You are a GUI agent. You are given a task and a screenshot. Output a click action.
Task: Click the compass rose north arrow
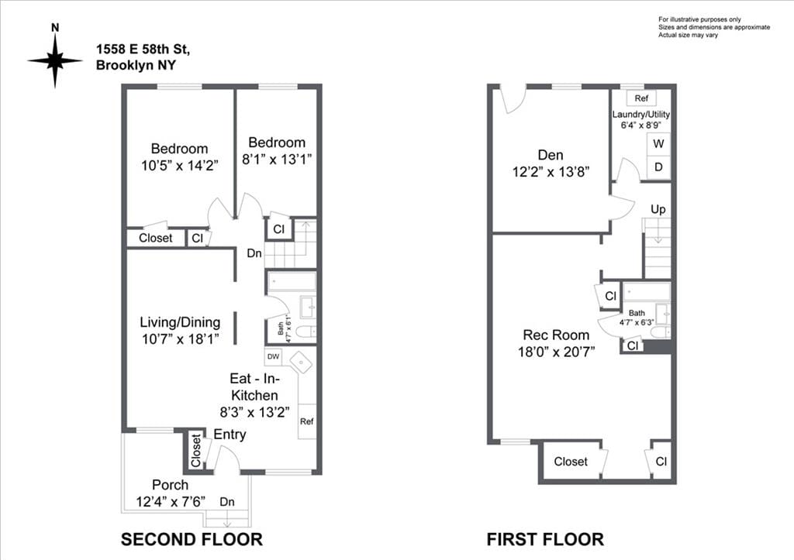(55, 59)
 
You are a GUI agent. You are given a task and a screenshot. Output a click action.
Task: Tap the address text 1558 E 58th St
(142, 49)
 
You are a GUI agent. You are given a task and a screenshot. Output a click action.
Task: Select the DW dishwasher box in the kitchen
(273, 357)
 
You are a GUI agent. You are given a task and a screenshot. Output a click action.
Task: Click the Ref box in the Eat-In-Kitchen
(307, 421)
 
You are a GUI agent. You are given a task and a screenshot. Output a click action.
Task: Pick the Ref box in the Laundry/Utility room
(640, 98)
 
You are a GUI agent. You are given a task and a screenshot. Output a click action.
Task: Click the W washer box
(658, 144)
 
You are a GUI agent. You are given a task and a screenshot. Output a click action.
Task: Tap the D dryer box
(658, 167)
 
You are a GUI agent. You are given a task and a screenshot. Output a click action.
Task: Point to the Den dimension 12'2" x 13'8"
(551, 172)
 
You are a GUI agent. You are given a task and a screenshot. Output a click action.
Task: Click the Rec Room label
(556, 335)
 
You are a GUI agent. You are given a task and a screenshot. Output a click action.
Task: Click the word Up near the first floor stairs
(658, 209)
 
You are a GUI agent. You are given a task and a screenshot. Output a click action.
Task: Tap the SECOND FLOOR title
(192, 539)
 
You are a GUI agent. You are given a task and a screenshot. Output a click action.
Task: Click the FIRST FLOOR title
(545, 539)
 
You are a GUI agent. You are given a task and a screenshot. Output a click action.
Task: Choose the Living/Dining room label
(180, 322)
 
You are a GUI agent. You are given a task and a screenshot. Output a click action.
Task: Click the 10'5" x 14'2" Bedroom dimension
(179, 164)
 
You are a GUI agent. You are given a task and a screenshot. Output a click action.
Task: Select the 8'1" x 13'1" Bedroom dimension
(277, 159)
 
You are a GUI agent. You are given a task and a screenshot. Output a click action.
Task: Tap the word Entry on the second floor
(230, 435)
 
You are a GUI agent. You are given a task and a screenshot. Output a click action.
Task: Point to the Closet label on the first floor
(571, 462)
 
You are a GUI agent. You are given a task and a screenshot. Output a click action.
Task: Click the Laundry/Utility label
(640, 115)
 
